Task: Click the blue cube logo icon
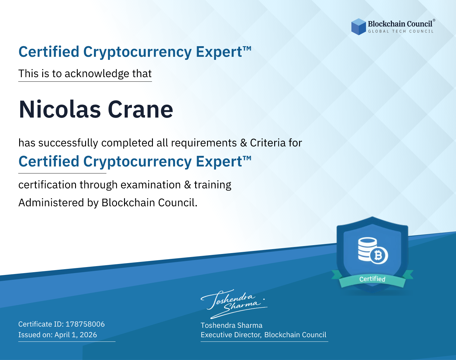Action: (358, 27)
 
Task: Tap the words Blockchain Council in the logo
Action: (400, 24)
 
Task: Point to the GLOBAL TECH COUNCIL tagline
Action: (401, 31)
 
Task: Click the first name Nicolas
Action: (60, 110)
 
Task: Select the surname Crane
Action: (140, 110)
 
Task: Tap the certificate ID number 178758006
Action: (85, 324)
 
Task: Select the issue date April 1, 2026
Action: (76, 335)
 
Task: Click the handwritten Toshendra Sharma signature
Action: (234, 304)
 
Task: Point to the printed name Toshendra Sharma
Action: (231, 325)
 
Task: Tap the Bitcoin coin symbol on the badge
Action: (379, 255)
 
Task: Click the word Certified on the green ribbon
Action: (372, 279)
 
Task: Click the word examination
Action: (151, 185)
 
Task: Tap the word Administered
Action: (51, 203)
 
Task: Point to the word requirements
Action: (204, 143)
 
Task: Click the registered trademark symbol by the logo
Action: (434, 20)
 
